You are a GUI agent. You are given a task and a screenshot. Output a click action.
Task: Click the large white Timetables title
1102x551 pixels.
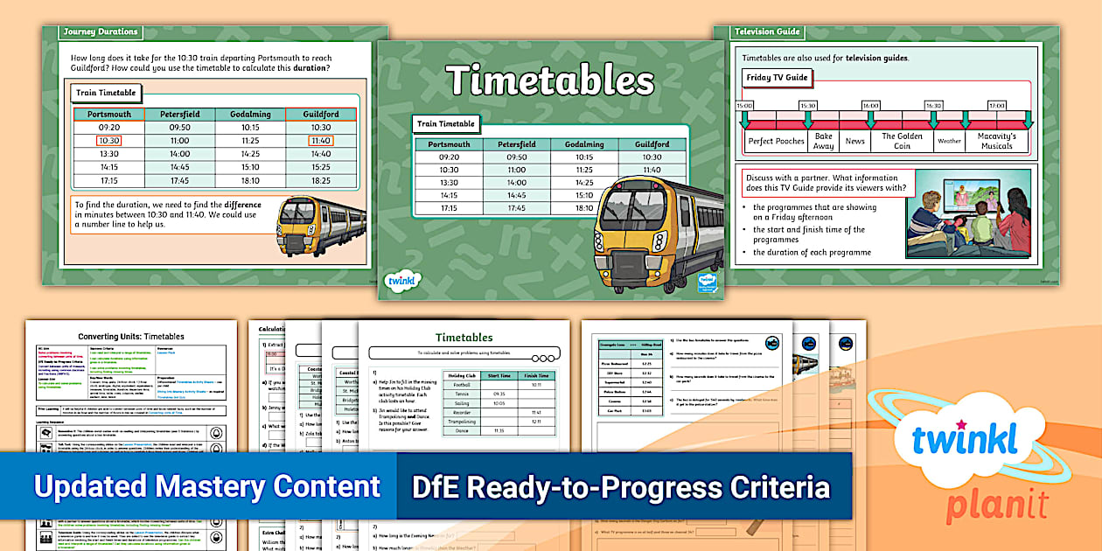pos(550,80)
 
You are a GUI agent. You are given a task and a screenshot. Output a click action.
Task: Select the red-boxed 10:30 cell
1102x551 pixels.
pos(108,140)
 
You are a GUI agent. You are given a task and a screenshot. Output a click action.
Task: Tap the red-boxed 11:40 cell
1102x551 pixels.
pos(321,140)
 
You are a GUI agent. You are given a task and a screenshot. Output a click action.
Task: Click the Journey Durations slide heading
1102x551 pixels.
pos(100,32)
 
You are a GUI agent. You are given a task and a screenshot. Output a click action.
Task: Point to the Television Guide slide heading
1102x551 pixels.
pos(767,32)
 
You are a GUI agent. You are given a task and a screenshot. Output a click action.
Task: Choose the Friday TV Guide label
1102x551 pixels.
pos(777,78)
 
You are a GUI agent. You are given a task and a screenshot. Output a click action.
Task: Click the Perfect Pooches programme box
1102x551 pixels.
pos(776,141)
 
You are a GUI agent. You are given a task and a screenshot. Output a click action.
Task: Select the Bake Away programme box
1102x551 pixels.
pos(823,141)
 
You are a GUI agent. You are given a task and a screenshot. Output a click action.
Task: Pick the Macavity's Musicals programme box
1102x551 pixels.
pos(996,141)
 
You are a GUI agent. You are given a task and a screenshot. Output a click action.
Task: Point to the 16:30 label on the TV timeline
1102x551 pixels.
pos(933,105)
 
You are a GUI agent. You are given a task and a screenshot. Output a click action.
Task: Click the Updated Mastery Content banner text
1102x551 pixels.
pos(206,486)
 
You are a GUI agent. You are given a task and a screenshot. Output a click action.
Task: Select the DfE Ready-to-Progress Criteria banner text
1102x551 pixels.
pos(620,486)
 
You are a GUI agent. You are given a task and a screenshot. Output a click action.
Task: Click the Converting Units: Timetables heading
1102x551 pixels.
pos(131,336)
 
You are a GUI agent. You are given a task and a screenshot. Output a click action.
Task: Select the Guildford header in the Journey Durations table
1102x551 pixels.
pos(321,115)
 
